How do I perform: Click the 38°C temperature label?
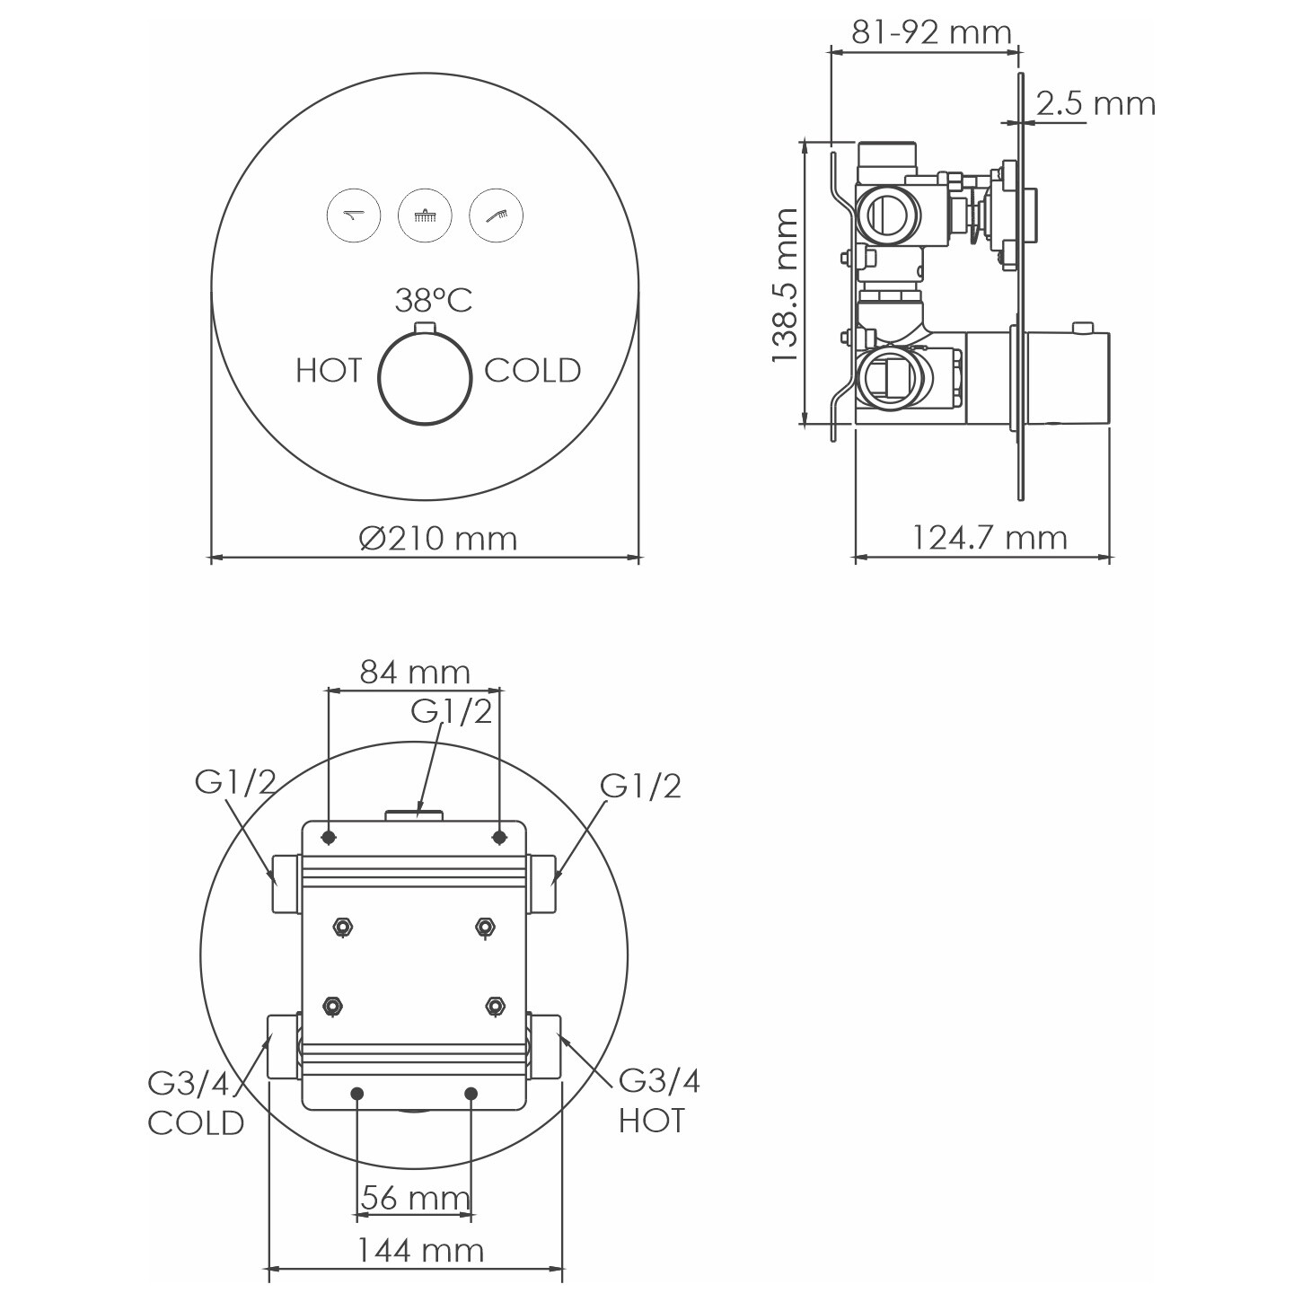pos(433,301)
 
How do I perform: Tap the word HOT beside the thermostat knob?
pos(329,370)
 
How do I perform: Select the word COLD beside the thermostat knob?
pos(532,370)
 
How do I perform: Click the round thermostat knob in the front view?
pos(425,378)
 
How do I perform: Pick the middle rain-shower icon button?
pos(425,216)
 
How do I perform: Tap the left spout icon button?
pos(354,216)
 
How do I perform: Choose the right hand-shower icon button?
pos(496,216)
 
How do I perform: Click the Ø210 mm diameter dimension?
pos(438,539)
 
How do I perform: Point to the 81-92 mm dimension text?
pos(931,31)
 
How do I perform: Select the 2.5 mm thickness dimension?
pos(1095,103)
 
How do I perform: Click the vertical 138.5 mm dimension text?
pos(786,286)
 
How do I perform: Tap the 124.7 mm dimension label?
pos(990,538)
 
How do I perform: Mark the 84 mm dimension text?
pos(415,672)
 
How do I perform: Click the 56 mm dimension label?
pos(416,1198)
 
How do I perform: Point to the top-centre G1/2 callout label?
pos(452,711)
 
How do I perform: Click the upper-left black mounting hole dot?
pos(329,838)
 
